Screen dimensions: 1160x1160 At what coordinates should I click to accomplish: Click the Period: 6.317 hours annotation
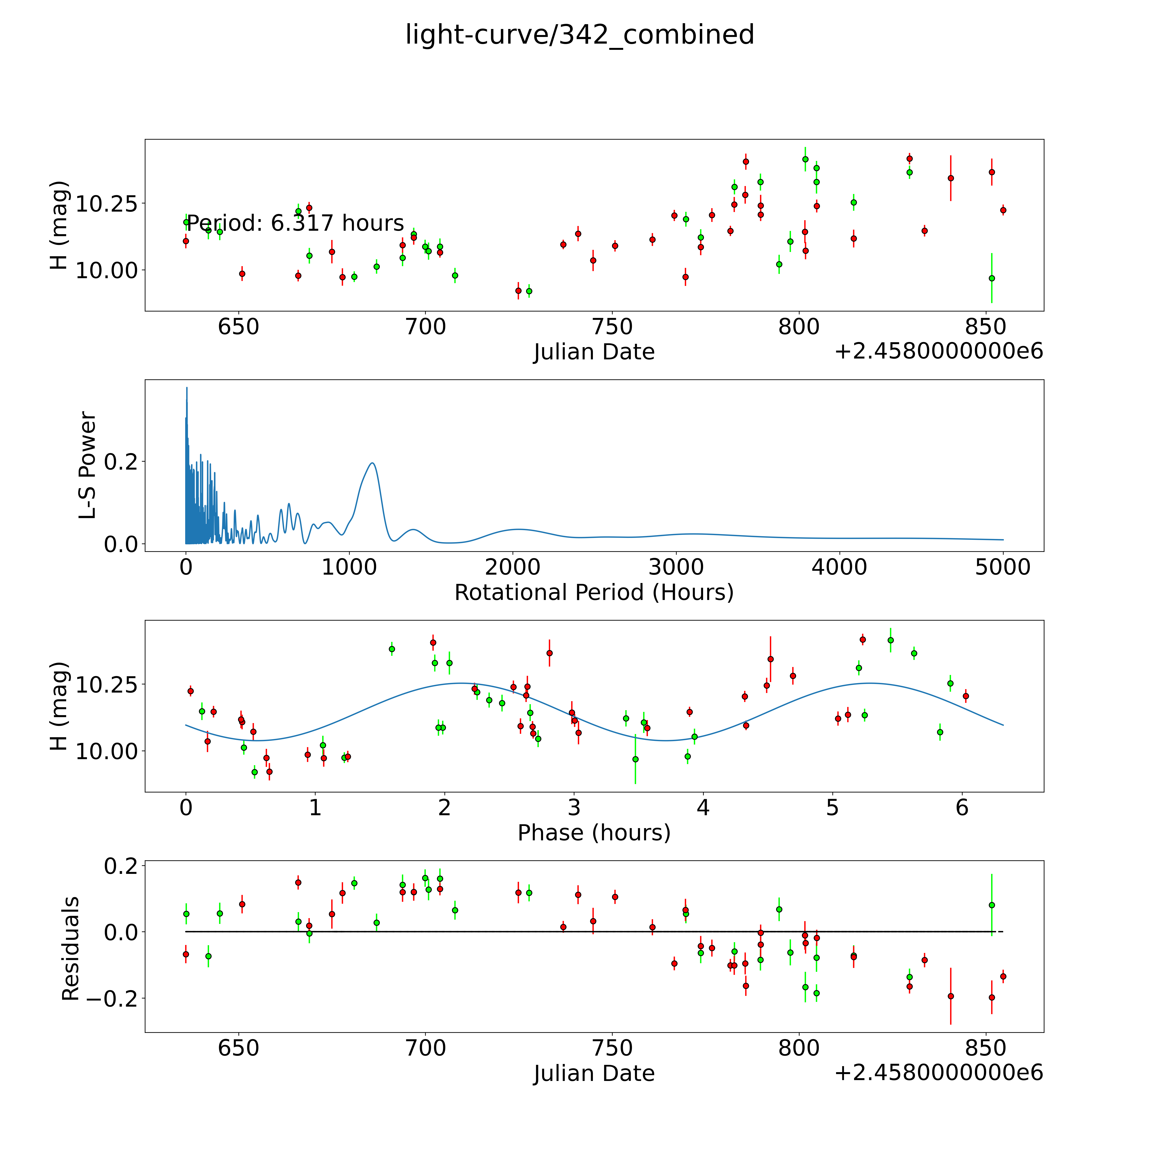[295, 223]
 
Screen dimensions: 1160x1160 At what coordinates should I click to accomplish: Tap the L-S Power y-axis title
[88, 465]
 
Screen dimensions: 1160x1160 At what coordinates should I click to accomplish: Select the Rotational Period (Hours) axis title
[594, 593]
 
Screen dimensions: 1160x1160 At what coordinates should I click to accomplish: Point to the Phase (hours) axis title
[594, 833]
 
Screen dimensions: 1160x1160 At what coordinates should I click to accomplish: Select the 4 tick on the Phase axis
[703, 807]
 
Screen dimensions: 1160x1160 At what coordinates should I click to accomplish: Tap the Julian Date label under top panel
[594, 352]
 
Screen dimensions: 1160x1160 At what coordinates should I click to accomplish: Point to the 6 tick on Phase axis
[962, 807]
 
